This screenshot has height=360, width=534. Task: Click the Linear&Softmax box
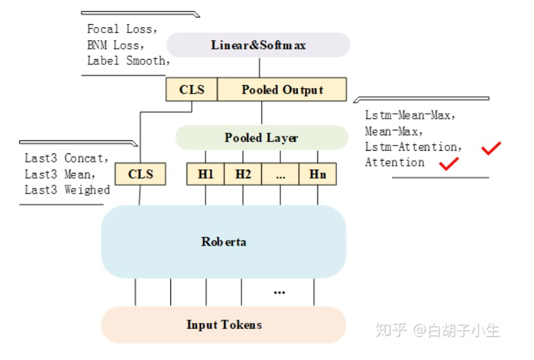point(258,45)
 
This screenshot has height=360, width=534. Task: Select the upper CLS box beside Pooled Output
point(191,90)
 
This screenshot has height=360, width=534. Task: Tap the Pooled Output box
point(282,90)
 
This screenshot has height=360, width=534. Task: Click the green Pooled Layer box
point(261,138)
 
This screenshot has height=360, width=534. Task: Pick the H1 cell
point(206,174)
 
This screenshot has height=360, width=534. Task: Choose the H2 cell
point(243,174)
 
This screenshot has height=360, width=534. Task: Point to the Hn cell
point(317,174)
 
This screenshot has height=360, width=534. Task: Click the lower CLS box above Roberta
point(140,174)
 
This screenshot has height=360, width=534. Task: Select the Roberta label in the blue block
point(224,242)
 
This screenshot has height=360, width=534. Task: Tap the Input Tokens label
point(224,324)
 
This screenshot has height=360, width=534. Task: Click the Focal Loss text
point(122,29)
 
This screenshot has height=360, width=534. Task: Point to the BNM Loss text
point(116,45)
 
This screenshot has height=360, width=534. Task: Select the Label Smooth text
point(129,61)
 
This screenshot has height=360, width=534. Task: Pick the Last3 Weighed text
point(67,190)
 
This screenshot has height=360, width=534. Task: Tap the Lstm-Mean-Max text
point(410,115)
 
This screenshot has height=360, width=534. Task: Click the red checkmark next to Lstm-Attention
point(491,148)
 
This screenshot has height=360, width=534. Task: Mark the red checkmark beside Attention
point(449,164)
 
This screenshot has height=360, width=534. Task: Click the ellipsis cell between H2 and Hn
point(280,174)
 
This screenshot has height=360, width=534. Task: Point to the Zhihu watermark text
point(438,330)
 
